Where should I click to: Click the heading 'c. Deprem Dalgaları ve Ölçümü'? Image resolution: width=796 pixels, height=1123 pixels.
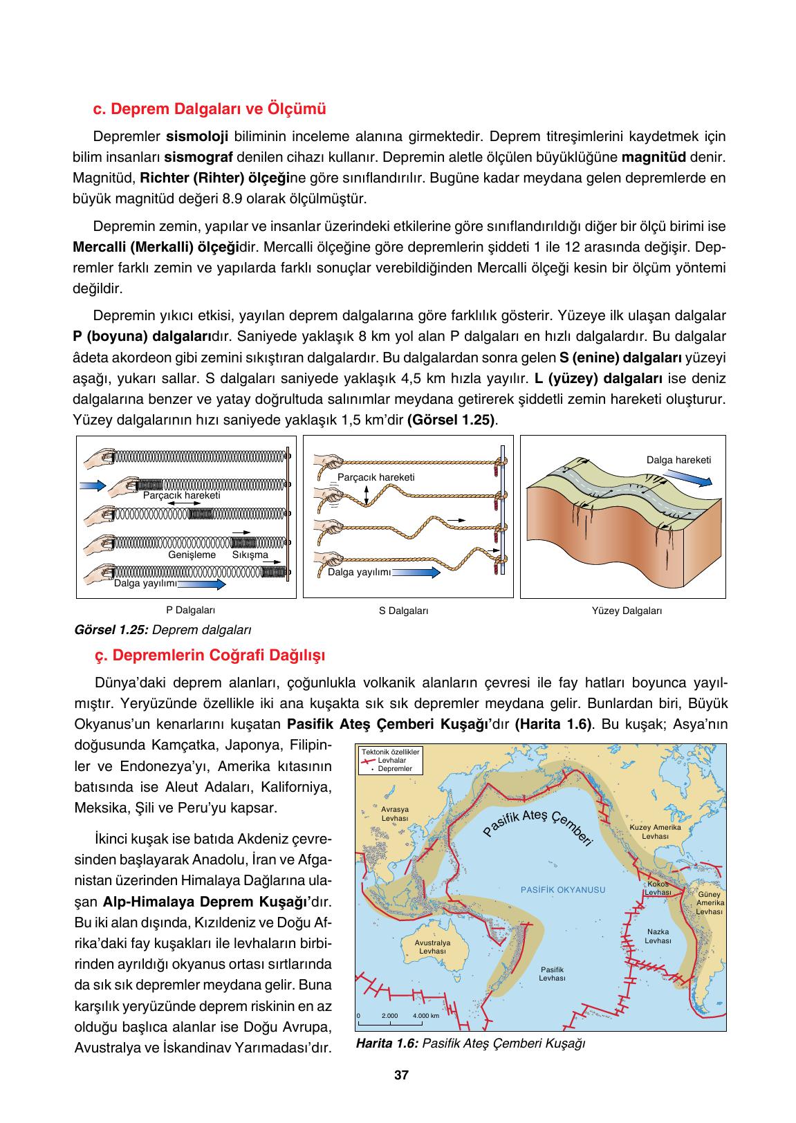click(x=209, y=109)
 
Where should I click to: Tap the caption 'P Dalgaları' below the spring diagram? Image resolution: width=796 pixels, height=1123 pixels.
click(x=190, y=611)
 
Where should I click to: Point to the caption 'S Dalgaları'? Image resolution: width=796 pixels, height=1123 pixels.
click(x=404, y=611)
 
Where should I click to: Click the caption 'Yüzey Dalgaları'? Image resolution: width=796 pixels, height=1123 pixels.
click(x=627, y=611)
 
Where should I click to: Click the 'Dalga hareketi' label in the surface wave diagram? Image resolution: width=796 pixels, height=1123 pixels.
click(x=678, y=460)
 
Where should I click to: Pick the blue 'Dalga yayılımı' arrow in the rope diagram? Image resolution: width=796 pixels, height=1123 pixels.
click(x=416, y=573)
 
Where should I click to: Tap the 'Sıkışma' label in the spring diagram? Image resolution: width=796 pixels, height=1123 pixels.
click(x=250, y=555)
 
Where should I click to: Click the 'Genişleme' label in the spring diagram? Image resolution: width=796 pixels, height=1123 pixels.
click(x=192, y=555)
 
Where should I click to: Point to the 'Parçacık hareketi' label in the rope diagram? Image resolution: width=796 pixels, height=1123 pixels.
click(x=376, y=477)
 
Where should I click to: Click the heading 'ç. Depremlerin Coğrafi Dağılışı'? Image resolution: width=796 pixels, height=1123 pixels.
click(x=210, y=654)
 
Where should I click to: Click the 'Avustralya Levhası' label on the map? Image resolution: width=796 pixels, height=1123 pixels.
click(x=432, y=947)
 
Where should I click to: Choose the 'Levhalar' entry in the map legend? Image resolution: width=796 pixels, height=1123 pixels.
click(x=391, y=760)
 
